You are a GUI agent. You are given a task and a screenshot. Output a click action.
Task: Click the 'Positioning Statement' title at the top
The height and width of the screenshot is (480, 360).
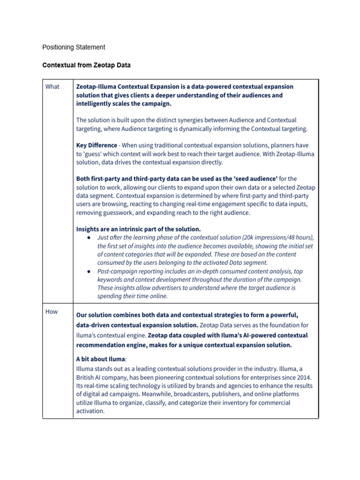point(74,47)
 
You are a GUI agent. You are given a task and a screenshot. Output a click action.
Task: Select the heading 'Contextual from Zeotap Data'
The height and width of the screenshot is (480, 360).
point(86,66)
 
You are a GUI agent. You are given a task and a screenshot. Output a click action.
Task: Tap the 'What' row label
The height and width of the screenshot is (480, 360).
point(52,87)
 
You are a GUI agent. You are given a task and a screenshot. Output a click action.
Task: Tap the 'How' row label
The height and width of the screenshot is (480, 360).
point(52,312)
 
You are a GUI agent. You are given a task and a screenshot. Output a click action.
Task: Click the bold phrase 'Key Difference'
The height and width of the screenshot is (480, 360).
point(97,145)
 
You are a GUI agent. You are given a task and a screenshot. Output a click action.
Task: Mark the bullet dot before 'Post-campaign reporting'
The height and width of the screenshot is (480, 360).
point(89,271)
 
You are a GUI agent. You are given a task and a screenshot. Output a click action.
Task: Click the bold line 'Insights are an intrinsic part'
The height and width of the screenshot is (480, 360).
point(138,229)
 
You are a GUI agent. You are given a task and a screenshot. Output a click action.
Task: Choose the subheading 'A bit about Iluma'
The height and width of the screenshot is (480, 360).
point(100,359)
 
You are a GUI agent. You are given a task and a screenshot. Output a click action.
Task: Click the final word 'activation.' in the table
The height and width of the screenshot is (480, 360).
point(90,411)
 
